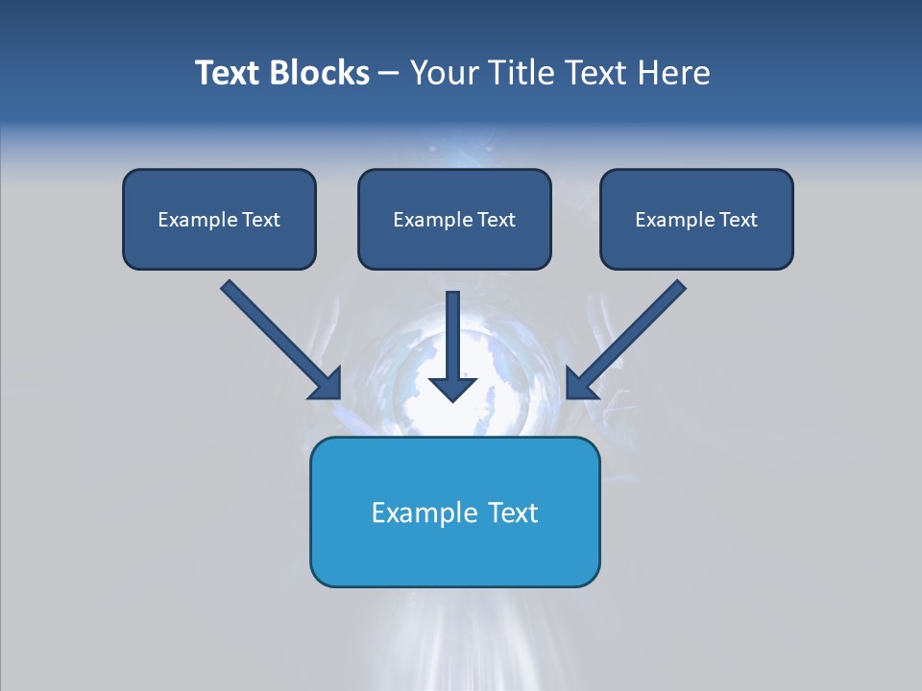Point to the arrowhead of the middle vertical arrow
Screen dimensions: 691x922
[x=452, y=388]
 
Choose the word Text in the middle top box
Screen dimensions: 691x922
[x=497, y=220]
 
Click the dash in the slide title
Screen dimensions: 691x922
[x=389, y=73]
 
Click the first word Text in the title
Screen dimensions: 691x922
[x=230, y=73]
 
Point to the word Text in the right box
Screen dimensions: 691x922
[x=739, y=220]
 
